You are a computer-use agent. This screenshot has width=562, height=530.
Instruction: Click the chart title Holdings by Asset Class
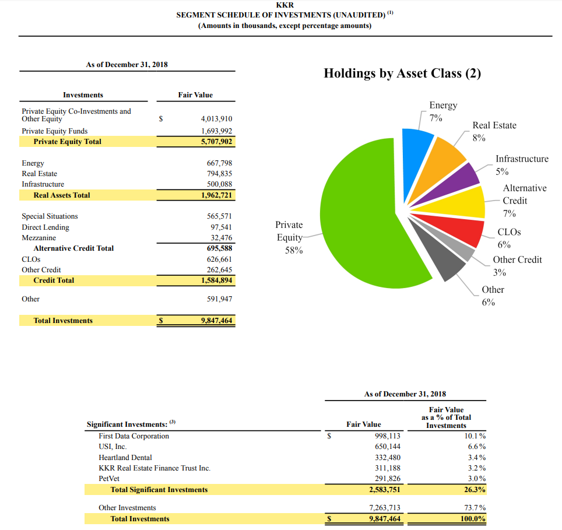[x=402, y=73]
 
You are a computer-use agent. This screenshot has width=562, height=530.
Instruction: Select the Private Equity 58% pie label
[x=289, y=237]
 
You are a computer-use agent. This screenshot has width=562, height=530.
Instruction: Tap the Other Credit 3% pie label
[x=517, y=266]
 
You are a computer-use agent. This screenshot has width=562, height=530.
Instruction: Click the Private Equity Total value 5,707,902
[x=216, y=142]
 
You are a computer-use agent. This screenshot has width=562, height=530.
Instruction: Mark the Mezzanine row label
[x=39, y=238]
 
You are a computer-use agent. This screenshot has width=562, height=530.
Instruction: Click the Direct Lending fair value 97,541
[x=222, y=227]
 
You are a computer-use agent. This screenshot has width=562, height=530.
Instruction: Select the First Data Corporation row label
[x=134, y=436]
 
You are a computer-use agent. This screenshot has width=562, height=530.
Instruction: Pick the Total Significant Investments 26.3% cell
[x=473, y=490]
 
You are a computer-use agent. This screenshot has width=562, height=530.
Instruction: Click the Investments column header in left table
[x=83, y=95]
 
